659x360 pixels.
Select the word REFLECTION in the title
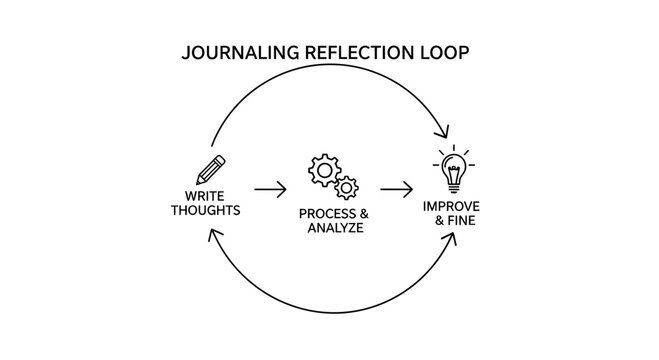(x=352, y=52)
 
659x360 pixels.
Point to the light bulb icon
(x=455, y=167)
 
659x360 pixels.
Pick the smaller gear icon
(x=345, y=187)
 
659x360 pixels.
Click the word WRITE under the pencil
(x=205, y=196)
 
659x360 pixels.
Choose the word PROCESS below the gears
(x=324, y=214)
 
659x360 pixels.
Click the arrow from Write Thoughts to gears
(x=270, y=187)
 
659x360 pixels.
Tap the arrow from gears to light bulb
(x=395, y=187)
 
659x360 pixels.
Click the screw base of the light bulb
(x=455, y=186)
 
